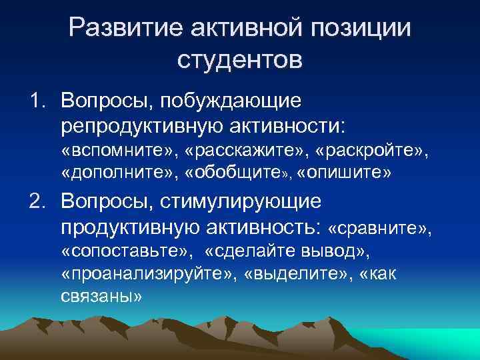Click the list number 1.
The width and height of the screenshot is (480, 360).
pos(36,101)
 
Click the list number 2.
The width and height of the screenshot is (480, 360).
pos(37,201)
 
